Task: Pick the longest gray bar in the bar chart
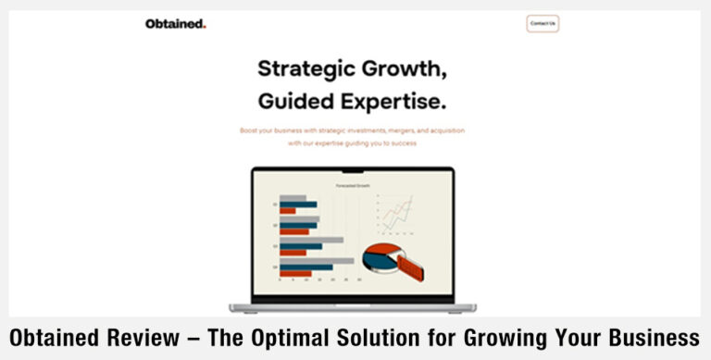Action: click(317, 260)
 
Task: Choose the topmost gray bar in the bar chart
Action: click(293, 198)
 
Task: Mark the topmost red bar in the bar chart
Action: click(288, 211)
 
